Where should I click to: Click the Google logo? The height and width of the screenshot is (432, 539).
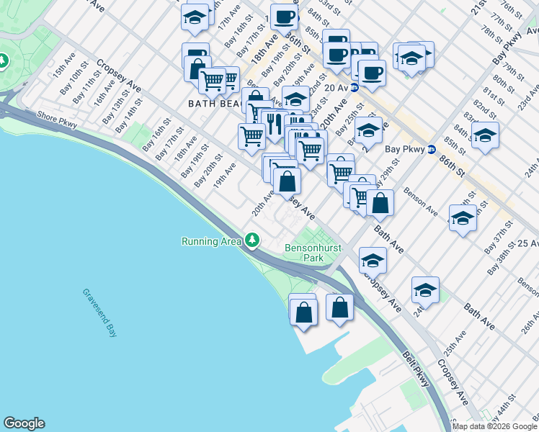click(x=24, y=423)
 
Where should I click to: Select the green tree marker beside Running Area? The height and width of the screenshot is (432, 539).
click(x=251, y=240)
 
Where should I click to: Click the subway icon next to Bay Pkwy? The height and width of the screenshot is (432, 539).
click(x=431, y=150)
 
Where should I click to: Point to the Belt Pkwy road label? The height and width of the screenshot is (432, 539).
click(x=416, y=369)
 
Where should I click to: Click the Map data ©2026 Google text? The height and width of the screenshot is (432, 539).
click(x=494, y=426)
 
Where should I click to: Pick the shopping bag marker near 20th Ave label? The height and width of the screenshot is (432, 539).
click(x=287, y=181)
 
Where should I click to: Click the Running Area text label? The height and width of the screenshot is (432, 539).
click(x=211, y=241)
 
